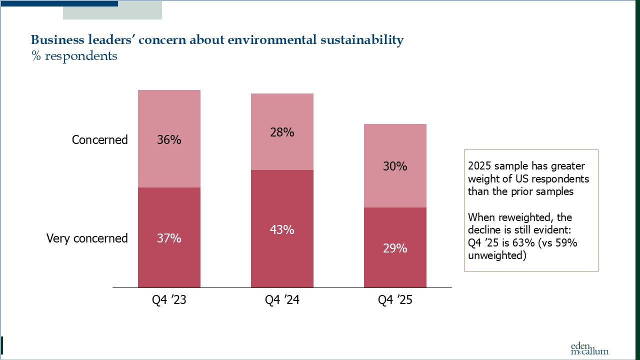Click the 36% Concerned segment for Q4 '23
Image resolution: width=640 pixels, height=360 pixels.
(169, 139)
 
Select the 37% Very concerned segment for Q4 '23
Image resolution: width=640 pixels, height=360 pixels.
(169, 237)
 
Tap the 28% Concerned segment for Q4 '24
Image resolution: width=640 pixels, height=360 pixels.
(282, 132)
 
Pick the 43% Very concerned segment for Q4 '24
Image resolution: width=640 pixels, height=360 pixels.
(282, 229)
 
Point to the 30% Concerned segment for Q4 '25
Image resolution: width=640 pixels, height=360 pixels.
(395, 166)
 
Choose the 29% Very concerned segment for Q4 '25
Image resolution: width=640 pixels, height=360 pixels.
(395, 247)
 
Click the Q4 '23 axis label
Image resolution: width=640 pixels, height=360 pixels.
(169, 300)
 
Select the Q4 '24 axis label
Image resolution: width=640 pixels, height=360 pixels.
(282, 300)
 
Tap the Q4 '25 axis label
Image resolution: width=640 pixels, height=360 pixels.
(395, 300)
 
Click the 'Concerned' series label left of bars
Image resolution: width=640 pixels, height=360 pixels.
(100, 139)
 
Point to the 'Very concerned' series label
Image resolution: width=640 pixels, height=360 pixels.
(87, 238)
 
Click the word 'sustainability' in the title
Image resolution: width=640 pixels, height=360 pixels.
(361, 40)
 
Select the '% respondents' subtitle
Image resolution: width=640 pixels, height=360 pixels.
(74, 56)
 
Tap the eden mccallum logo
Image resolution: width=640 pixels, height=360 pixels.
(589, 348)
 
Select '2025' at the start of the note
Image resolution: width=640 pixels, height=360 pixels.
(479, 166)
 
